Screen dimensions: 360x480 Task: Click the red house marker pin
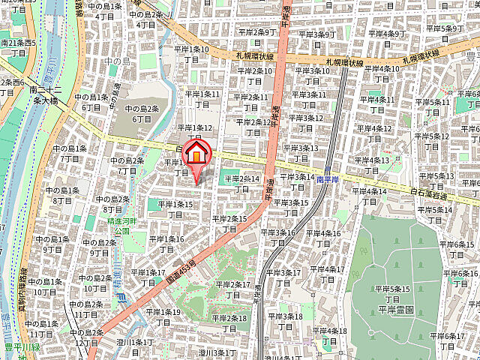pos(196,152)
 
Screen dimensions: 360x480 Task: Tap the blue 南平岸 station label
pos(329,180)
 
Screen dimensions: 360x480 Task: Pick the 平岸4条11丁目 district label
pos(376,105)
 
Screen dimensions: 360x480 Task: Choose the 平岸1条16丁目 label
pos(166,244)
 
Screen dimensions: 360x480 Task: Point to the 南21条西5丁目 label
pos(18,48)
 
